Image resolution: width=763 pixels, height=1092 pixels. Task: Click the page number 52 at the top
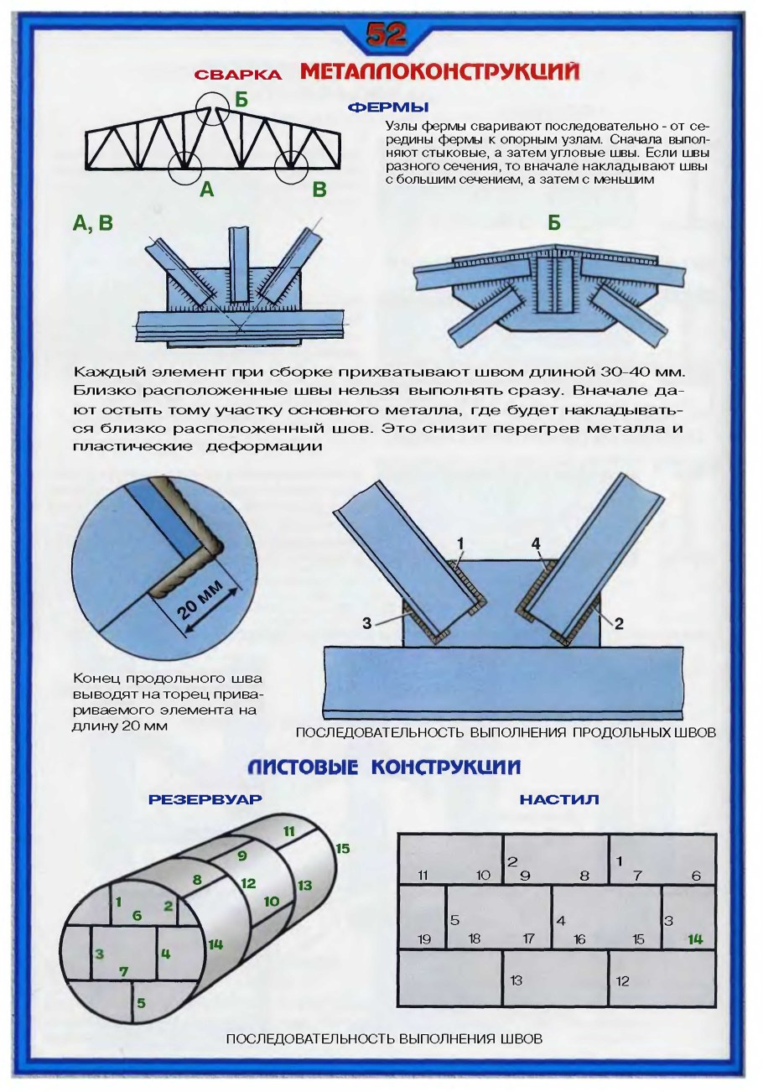coord(385,34)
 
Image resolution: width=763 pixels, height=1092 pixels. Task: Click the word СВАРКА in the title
coord(238,75)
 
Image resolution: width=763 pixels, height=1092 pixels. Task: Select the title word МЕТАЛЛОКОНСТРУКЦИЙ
coord(439,72)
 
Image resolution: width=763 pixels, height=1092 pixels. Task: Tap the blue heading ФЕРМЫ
coord(388,107)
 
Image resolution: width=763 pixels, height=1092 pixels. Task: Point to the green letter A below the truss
coord(206,190)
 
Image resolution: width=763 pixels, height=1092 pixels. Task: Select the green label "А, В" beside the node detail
coord(93,223)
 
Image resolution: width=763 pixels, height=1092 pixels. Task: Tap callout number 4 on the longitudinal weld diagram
coord(535,543)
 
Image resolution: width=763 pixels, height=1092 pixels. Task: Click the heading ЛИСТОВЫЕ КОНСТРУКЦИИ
coord(385,767)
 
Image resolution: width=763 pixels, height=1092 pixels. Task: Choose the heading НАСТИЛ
coord(558,800)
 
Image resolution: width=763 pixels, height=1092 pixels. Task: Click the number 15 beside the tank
coord(342,849)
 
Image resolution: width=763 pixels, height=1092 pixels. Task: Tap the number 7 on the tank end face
coord(123,971)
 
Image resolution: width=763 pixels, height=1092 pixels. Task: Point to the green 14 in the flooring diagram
coord(694,939)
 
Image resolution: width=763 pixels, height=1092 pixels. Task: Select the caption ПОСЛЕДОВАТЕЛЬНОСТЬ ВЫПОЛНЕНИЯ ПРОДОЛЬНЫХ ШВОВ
coord(506,732)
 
